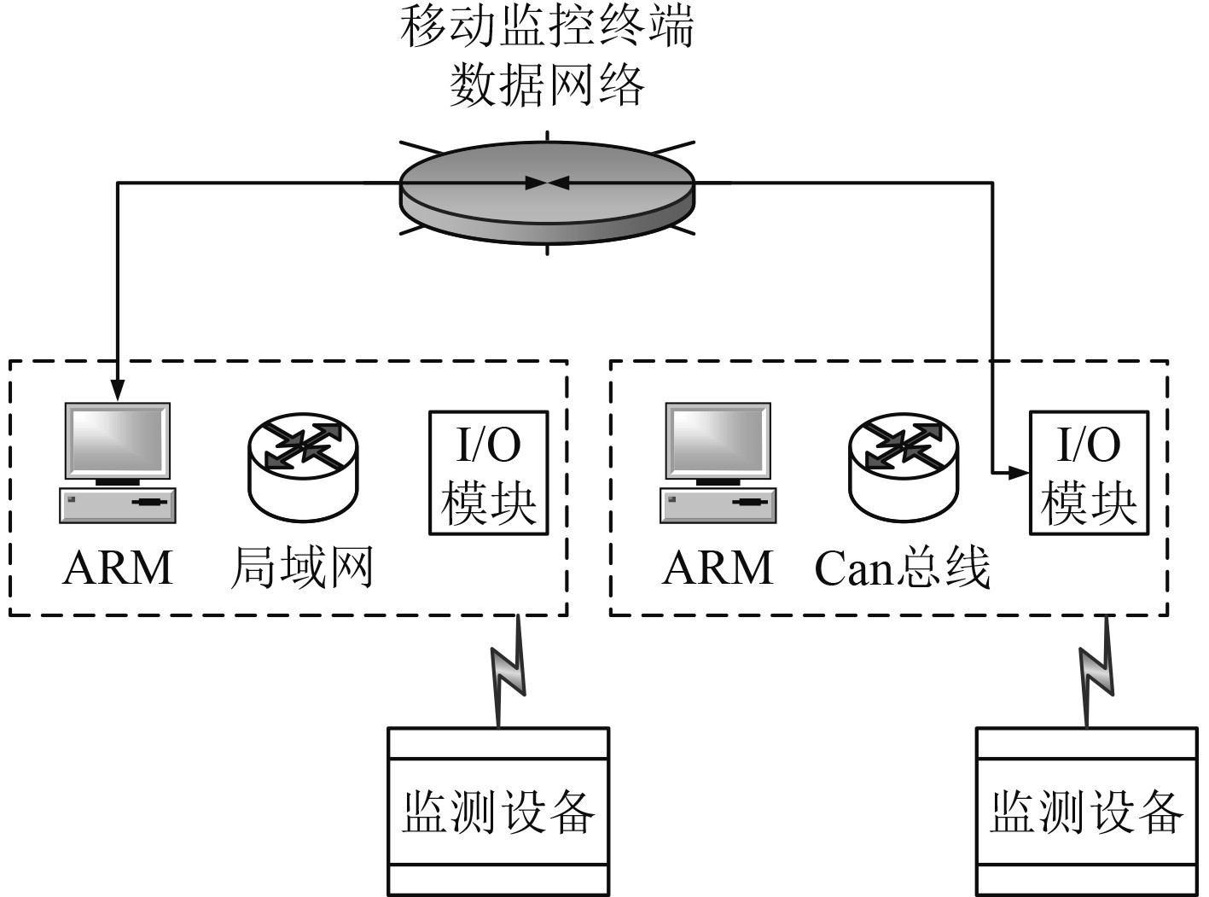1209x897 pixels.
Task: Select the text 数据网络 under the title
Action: pos(547,85)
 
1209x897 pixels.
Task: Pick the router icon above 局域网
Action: pos(303,465)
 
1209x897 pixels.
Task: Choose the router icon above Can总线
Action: pos(904,465)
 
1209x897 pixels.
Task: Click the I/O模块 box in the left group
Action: pos(488,473)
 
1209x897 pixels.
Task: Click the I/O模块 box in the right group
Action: pos(1089,473)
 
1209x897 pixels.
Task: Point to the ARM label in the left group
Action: pos(118,568)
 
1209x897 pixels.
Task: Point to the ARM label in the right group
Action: pos(718,568)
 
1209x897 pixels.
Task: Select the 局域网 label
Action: pos(302,568)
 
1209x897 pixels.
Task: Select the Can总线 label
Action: pos(903,568)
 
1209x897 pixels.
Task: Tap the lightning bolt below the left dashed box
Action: pos(508,671)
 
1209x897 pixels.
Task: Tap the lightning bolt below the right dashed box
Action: pos(1097,671)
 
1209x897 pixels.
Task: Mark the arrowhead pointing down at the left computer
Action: pos(118,389)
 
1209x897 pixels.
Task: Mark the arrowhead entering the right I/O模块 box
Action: pos(1019,472)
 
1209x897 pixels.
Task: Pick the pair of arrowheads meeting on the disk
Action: pos(547,182)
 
